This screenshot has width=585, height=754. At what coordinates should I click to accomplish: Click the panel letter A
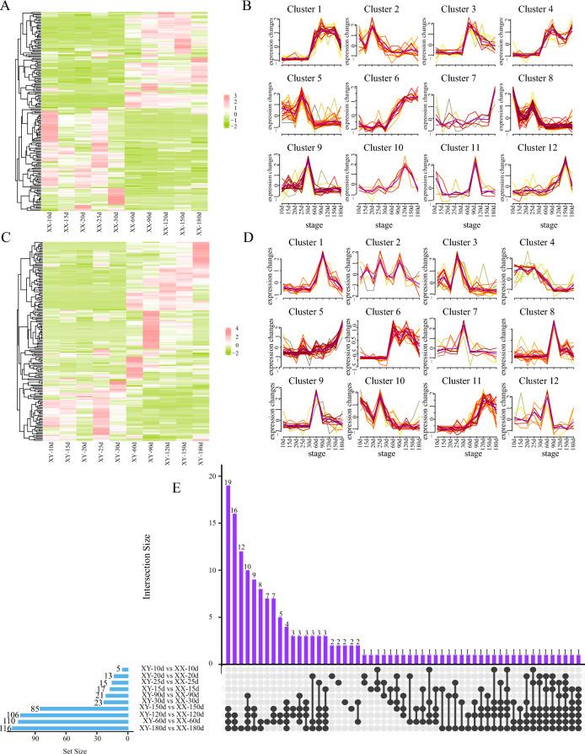pyautogui.click(x=6, y=7)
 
